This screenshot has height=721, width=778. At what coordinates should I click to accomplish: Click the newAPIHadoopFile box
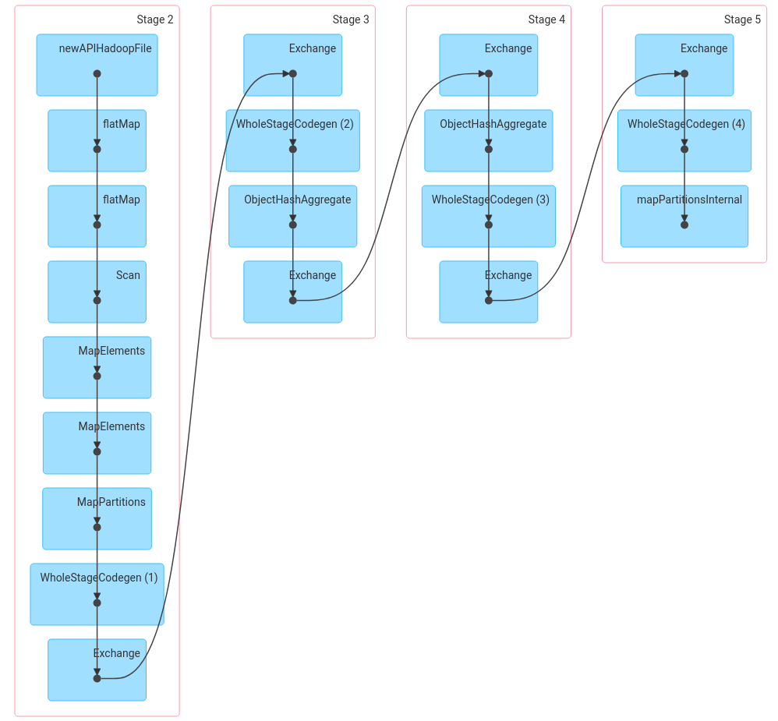pyautogui.click(x=97, y=65)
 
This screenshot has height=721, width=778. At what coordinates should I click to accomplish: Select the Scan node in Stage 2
pyautogui.click(x=97, y=292)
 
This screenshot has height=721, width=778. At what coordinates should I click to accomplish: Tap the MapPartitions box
pyautogui.click(x=97, y=518)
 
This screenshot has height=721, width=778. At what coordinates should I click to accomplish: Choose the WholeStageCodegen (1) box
pyautogui.click(x=97, y=594)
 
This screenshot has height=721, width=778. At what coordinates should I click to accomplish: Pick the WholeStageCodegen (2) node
pyautogui.click(x=292, y=140)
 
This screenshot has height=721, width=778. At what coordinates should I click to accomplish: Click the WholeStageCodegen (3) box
pyautogui.click(x=488, y=216)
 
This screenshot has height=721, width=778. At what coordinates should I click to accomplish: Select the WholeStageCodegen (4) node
pyautogui.click(x=684, y=140)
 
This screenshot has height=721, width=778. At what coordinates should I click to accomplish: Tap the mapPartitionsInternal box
pyautogui.click(x=684, y=216)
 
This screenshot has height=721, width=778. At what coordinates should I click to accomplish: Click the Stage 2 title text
pyautogui.click(x=154, y=19)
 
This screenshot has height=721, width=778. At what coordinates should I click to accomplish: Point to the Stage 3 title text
pyautogui.click(x=350, y=19)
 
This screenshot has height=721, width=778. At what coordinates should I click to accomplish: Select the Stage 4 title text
pyautogui.click(x=546, y=19)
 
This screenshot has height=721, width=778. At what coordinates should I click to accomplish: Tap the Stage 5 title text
pyautogui.click(x=741, y=19)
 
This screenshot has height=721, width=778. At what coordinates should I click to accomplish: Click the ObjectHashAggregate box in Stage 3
pyautogui.click(x=292, y=216)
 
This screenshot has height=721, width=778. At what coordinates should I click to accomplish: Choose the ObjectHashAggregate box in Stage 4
pyautogui.click(x=488, y=140)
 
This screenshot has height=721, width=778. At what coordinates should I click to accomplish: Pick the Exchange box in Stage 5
pyautogui.click(x=684, y=65)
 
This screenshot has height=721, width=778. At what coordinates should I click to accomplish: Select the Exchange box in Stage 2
pyautogui.click(x=97, y=670)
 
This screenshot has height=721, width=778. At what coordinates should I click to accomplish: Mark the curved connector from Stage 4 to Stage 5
pyautogui.click(x=586, y=187)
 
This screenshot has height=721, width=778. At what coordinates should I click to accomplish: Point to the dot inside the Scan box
pyautogui.click(x=97, y=300)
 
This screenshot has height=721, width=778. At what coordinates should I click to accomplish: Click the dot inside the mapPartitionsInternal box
pyautogui.click(x=684, y=224)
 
